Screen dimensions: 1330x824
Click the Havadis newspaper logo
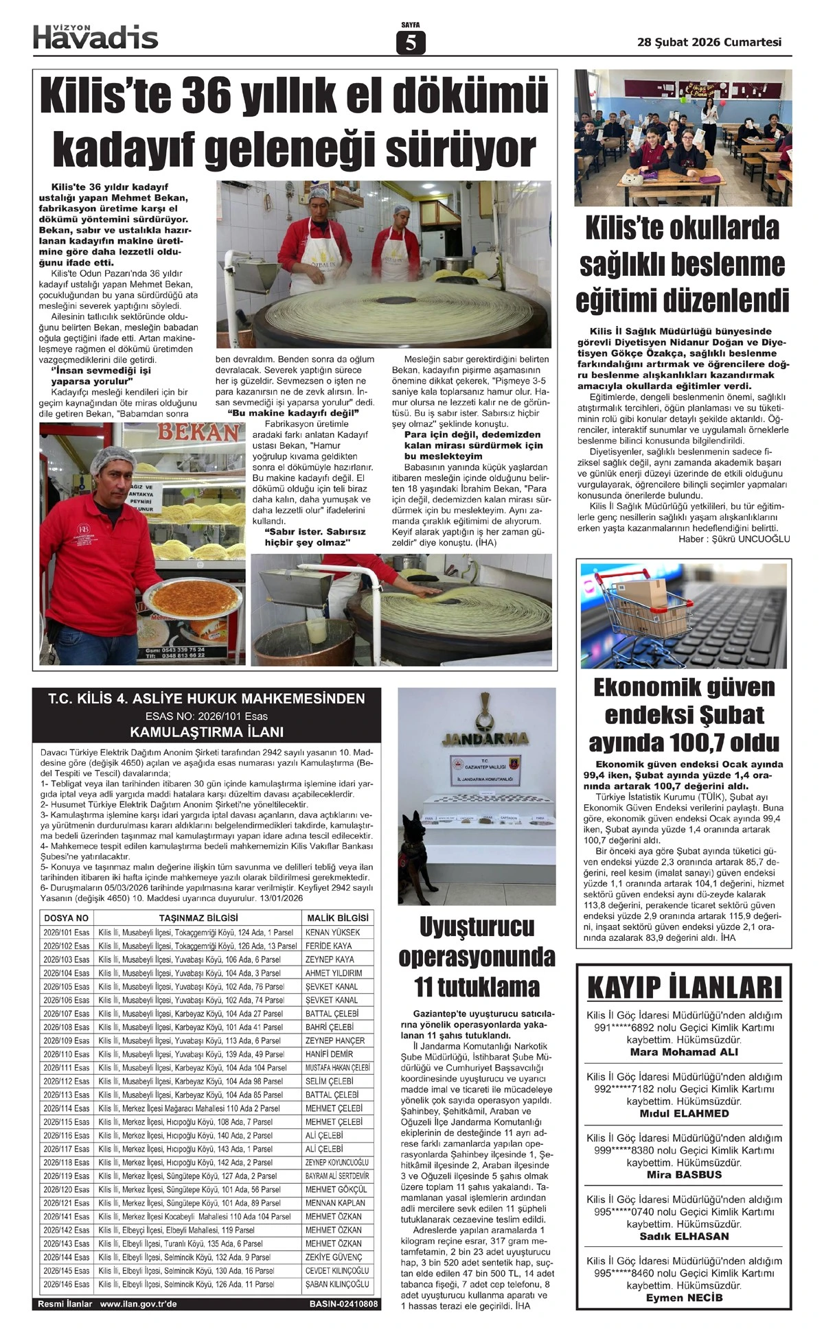tap(95, 36)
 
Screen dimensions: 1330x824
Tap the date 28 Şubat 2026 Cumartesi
tap(709, 42)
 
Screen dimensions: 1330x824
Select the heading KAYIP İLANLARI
tap(684, 988)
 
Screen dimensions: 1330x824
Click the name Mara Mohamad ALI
tap(684, 1052)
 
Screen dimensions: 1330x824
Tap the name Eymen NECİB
tap(684, 1298)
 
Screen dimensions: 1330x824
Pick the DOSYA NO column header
tap(66, 918)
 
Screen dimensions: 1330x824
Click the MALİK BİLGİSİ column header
tap(337, 918)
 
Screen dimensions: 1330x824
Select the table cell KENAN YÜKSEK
tap(332, 933)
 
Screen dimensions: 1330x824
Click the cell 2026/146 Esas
tap(66, 1284)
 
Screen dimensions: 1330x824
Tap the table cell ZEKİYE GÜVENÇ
tap(334, 1257)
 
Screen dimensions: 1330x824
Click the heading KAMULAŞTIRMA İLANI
tap(207, 732)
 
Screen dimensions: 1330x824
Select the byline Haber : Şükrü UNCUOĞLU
tap(734, 539)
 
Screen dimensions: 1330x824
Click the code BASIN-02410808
tap(343, 1304)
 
